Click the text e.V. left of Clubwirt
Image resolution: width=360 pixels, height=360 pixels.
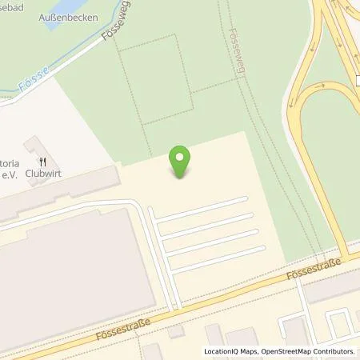10,174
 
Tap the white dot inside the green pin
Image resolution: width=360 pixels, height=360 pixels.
182,156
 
